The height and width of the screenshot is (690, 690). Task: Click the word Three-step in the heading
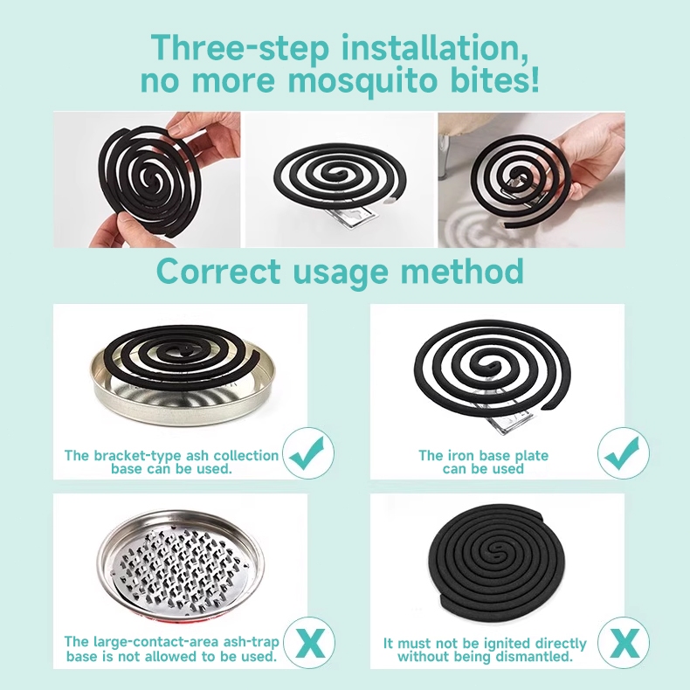coord(240,46)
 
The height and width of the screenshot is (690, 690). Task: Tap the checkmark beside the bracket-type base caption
coord(308,453)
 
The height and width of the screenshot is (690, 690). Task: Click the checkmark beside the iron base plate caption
coord(624,453)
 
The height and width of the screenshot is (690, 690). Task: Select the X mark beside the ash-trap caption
coord(309,643)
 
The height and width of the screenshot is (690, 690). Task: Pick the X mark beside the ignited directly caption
coord(624,643)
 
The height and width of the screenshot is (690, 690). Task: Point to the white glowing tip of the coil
coord(389,201)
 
